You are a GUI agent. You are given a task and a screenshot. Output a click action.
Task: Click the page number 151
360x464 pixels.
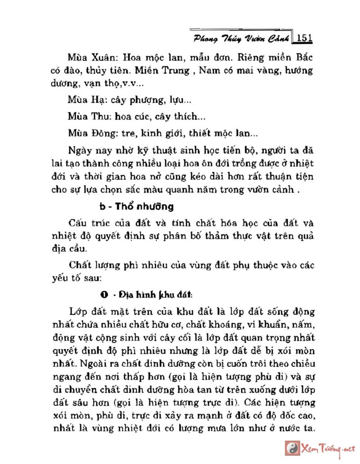coord(304,38)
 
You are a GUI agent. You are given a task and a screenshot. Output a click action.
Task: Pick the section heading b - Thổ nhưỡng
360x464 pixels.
coord(136,207)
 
